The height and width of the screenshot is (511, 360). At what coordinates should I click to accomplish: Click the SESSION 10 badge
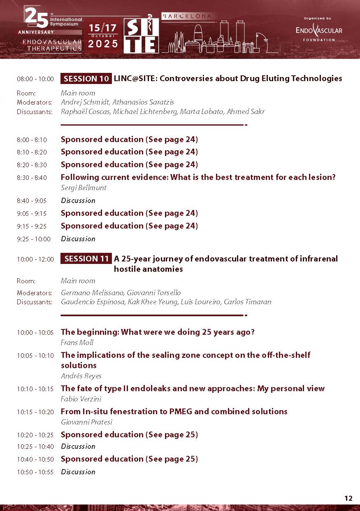click(86, 78)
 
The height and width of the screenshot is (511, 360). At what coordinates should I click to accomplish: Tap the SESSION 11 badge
click(86, 259)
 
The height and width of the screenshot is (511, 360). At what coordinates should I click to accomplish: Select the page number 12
click(348, 498)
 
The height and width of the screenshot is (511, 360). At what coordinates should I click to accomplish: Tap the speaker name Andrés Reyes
click(81, 376)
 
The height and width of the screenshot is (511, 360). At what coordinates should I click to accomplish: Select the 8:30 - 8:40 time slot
click(32, 178)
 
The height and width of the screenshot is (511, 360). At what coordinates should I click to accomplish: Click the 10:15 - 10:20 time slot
click(35, 412)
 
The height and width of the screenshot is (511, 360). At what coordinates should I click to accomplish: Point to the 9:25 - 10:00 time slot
click(33, 239)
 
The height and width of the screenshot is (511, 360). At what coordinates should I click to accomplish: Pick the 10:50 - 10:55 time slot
click(35, 472)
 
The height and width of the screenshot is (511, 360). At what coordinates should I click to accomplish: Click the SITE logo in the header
click(141, 36)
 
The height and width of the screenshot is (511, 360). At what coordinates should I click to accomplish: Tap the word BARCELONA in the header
click(189, 16)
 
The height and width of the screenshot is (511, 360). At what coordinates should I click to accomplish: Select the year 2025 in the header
click(103, 44)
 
